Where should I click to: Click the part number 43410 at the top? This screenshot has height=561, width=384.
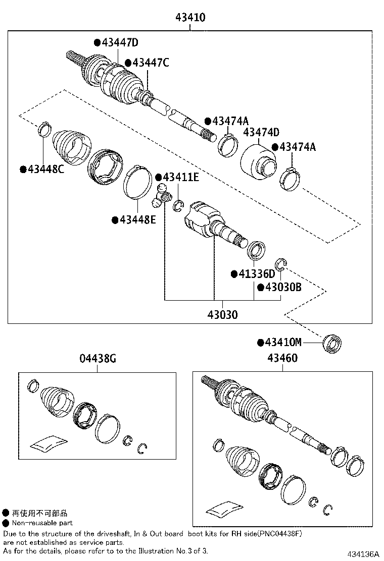190,18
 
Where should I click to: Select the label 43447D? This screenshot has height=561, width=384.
119,43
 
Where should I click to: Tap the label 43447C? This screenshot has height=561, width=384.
150,63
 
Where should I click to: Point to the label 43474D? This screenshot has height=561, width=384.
261,133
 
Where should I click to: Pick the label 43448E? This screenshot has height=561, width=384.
137,220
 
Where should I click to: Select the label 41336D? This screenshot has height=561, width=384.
257,274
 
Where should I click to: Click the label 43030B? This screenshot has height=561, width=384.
283,288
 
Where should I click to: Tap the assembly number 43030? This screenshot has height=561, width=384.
222,315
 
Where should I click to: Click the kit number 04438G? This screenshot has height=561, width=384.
98,359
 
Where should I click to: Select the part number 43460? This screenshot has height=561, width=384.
282,359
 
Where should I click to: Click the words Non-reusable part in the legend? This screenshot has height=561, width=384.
42,523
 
